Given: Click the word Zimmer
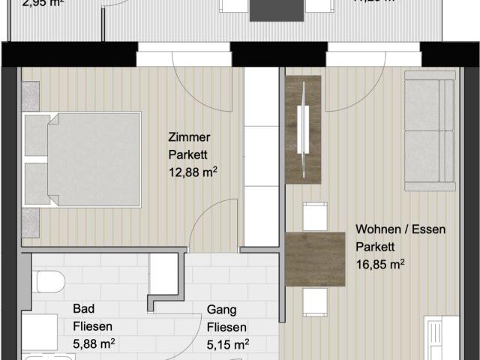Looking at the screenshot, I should click(x=189, y=137).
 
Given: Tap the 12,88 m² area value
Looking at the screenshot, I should click(x=193, y=171).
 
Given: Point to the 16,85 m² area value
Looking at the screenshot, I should click(x=380, y=263).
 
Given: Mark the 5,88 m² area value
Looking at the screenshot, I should click(x=93, y=344).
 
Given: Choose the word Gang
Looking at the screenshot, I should click(x=219, y=309).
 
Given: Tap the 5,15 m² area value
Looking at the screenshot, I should click(x=227, y=344).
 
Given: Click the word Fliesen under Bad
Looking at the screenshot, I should click(x=92, y=326).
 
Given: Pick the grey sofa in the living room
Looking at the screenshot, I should click(x=430, y=131).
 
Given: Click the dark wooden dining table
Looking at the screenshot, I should click(x=315, y=259).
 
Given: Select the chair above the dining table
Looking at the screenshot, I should click(x=315, y=216).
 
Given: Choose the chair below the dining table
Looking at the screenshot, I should click(x=315, y=301).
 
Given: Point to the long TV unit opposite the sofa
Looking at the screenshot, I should click(x=303, y=129).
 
